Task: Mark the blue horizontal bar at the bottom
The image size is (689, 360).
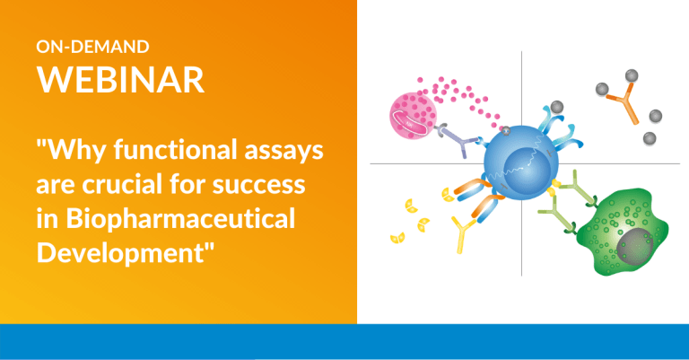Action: pos(344,342)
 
